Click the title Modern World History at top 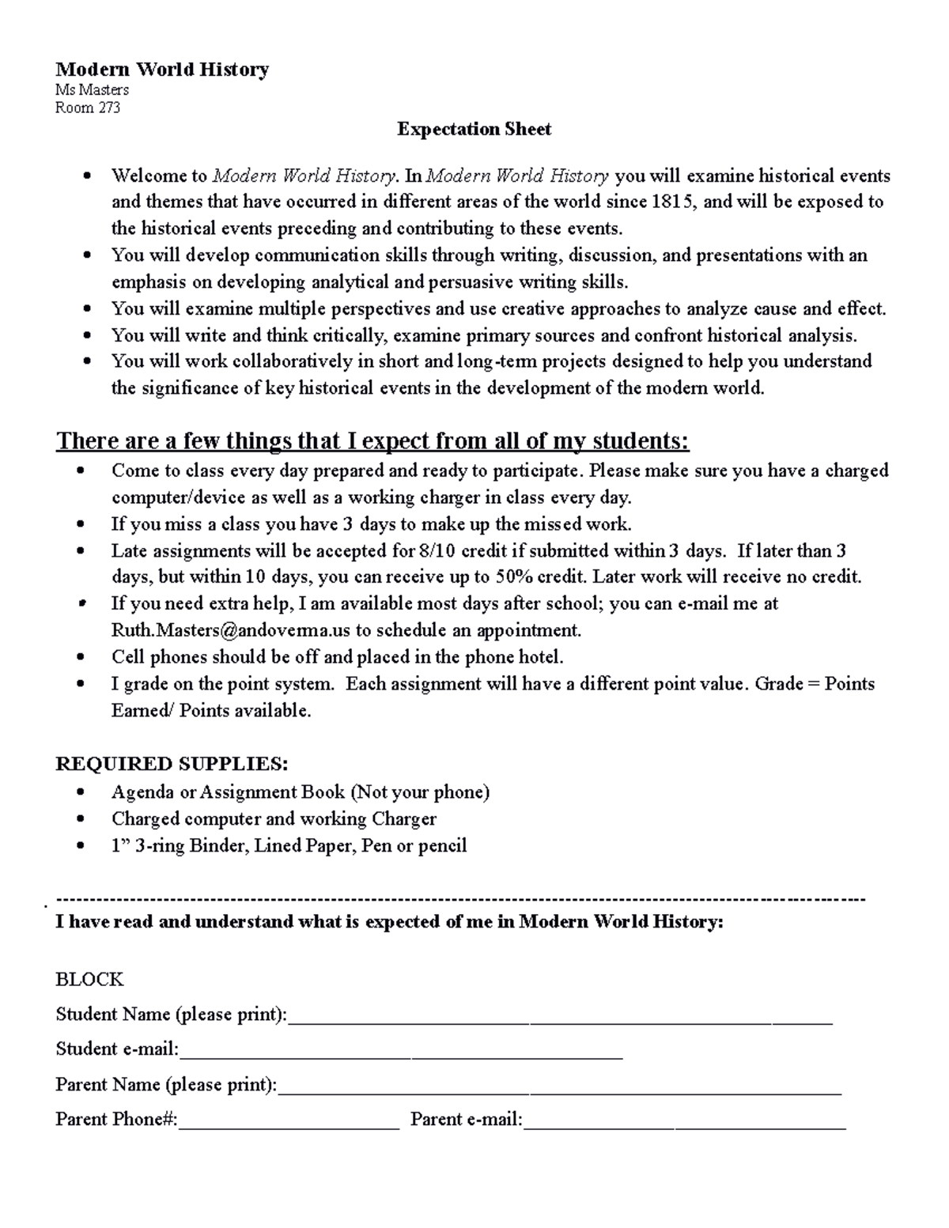tap(162, 70)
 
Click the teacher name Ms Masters tap(92, 90)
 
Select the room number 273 tap(109, 108)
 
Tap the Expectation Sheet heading tap(474, 129)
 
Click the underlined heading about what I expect tap(372, 440)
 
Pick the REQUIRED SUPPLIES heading tap(172, 764)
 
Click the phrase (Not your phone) tap(420, 792)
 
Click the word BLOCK tap(89, 980)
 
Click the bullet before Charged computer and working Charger tap(81, 819)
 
